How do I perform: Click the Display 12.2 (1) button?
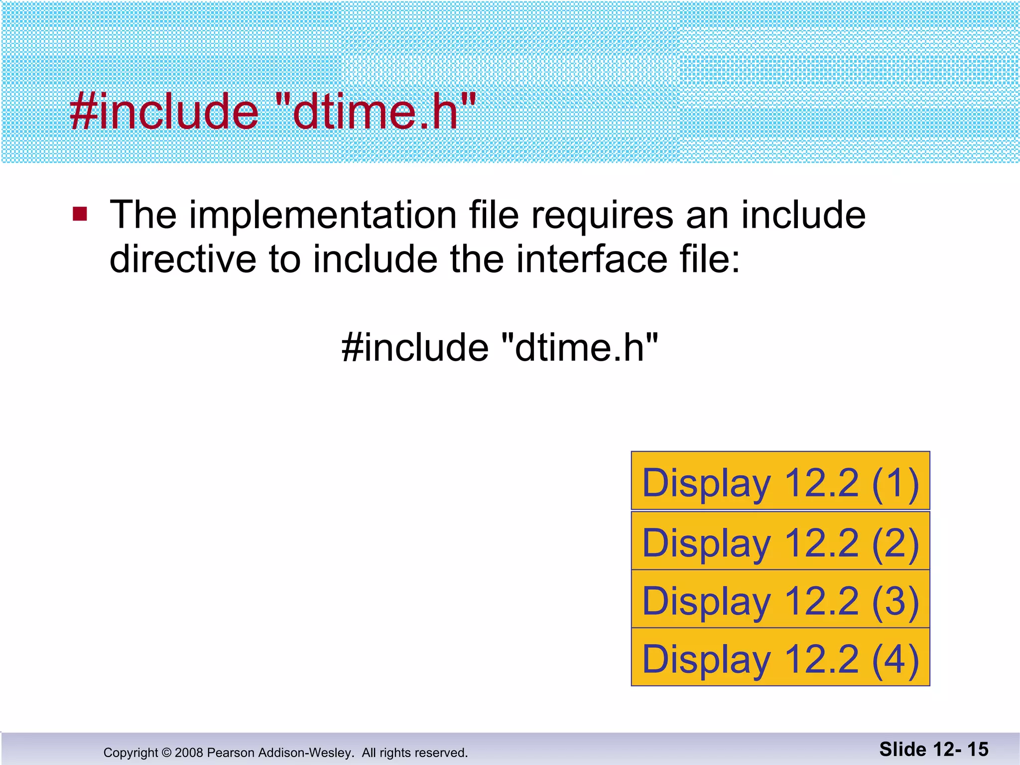tap(780, 481)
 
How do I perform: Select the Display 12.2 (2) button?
tap(780, 541)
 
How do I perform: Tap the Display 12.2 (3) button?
tap(780, 599)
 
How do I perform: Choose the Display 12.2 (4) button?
tap(780, 657)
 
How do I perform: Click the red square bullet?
tap(80, 214)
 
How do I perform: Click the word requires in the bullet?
tap(602, 216)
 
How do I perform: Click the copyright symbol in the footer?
tap(166, 753)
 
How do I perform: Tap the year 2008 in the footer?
tap(189, 753)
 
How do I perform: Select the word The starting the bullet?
tap(143, 215)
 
